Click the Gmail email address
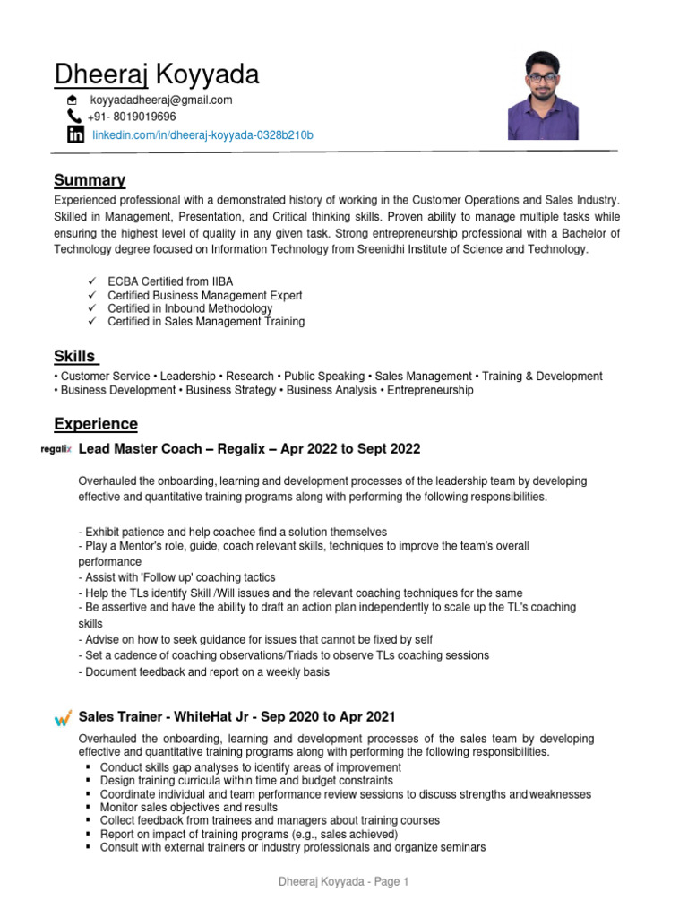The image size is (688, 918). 160,100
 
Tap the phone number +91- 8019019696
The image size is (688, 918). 132,117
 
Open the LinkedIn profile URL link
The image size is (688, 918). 203,135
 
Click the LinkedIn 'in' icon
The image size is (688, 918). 75,135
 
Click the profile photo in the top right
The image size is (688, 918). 543,95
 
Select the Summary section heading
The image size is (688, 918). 90,180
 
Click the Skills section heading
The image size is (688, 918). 74,356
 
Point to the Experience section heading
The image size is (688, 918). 96,423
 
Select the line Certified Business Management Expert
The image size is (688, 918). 204,296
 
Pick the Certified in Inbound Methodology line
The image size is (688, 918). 190,308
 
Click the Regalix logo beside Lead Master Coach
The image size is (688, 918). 57,449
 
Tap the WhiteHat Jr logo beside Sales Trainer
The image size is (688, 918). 63,717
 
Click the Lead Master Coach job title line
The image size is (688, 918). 249,448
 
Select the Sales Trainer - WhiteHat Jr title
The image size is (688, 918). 236,717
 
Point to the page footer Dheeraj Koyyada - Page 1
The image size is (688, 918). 343,882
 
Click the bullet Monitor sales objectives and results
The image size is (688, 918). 190,808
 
